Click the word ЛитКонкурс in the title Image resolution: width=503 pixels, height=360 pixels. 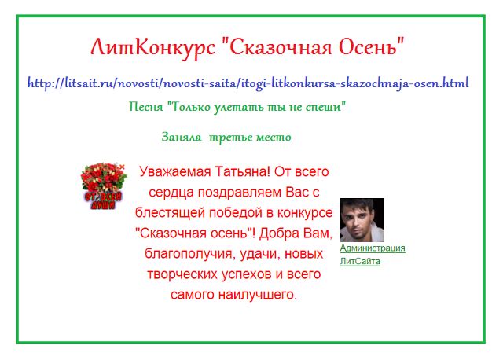pos(153,48)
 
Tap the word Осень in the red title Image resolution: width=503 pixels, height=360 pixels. pos(371,47)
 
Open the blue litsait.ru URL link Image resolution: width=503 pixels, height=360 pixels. pos(248,83)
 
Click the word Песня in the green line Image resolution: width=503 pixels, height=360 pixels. pos(146,107)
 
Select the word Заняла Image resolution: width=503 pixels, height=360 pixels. pos(182,137)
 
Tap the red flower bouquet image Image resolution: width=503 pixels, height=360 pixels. pos(103,186)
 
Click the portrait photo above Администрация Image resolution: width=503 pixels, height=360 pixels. pos(362,220)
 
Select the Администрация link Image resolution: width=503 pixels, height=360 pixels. pos(373,248)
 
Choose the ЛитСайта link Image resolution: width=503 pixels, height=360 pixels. pos(360,261)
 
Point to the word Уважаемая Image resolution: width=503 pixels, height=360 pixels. pos(175,172)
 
